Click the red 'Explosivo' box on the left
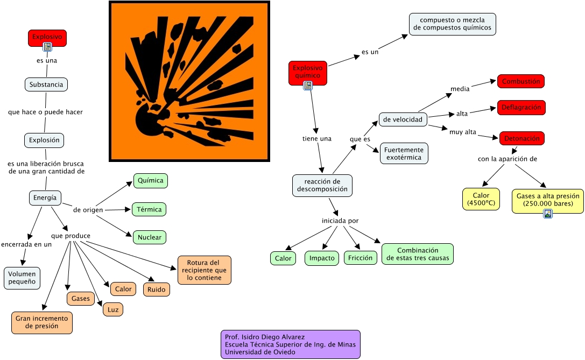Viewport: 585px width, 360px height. point(47,38)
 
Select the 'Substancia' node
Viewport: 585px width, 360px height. point(46,84)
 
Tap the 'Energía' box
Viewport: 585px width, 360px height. point(45,197)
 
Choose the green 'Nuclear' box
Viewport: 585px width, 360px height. point(150,237)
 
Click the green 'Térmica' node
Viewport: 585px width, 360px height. point(149,209)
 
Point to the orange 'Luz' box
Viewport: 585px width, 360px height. point(113,309)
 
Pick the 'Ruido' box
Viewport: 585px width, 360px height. point(156,290)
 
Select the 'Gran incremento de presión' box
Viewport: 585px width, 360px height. point(42,322)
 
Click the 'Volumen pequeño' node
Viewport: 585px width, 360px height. point(22,278)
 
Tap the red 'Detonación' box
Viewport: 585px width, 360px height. point(522,138)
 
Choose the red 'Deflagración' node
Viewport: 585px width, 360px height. point(521,108)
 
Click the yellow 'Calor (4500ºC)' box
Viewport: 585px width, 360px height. point(481,199)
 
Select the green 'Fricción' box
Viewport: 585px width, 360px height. point(361,258)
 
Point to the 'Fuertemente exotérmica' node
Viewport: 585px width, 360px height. point(404,153)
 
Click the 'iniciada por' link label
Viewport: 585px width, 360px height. point(340,221)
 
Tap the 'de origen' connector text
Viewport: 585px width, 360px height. point(88,210)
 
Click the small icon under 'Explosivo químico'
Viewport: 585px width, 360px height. point(308,86)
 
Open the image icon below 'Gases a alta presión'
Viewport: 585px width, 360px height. point(548,214)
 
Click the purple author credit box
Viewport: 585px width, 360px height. point(291,344)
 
